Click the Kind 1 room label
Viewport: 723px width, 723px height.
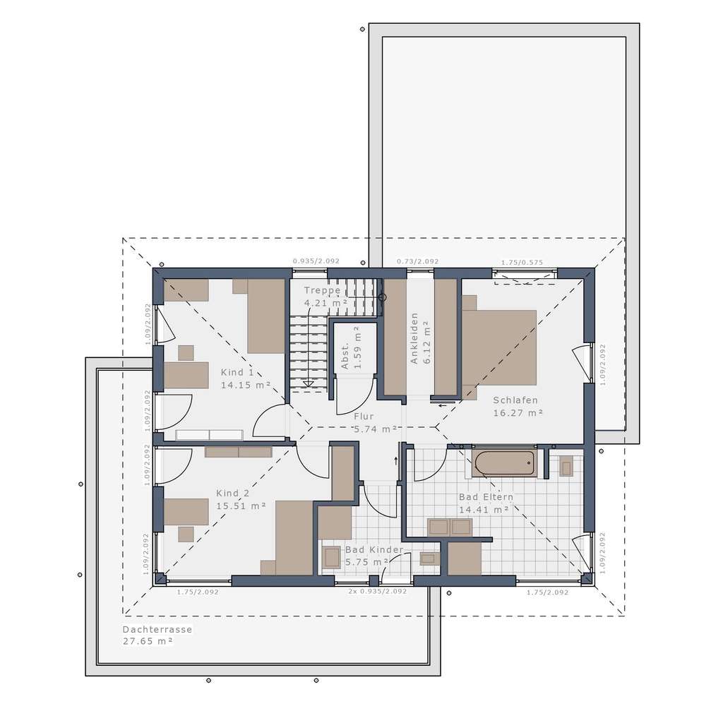[237, 372]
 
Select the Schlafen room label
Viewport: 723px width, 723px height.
[515, 400]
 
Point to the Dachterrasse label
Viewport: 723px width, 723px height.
[157, 629]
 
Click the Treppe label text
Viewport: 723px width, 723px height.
[322, 290]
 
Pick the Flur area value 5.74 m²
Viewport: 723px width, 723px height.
[374, 429]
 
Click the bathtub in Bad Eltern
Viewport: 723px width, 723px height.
[504, 464]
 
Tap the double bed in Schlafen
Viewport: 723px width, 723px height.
[498, 347]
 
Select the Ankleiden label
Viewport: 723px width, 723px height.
[415, 337]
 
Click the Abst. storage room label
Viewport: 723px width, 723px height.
[345, 357]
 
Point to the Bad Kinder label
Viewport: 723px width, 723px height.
[374, 549]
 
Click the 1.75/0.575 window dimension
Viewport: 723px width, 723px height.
[522, 263]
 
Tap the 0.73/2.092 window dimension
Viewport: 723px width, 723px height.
[417, 261]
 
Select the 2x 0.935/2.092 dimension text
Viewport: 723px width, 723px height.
[378, 591]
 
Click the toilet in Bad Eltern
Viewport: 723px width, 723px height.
[566, 466]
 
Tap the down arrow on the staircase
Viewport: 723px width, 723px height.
[308, 383]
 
